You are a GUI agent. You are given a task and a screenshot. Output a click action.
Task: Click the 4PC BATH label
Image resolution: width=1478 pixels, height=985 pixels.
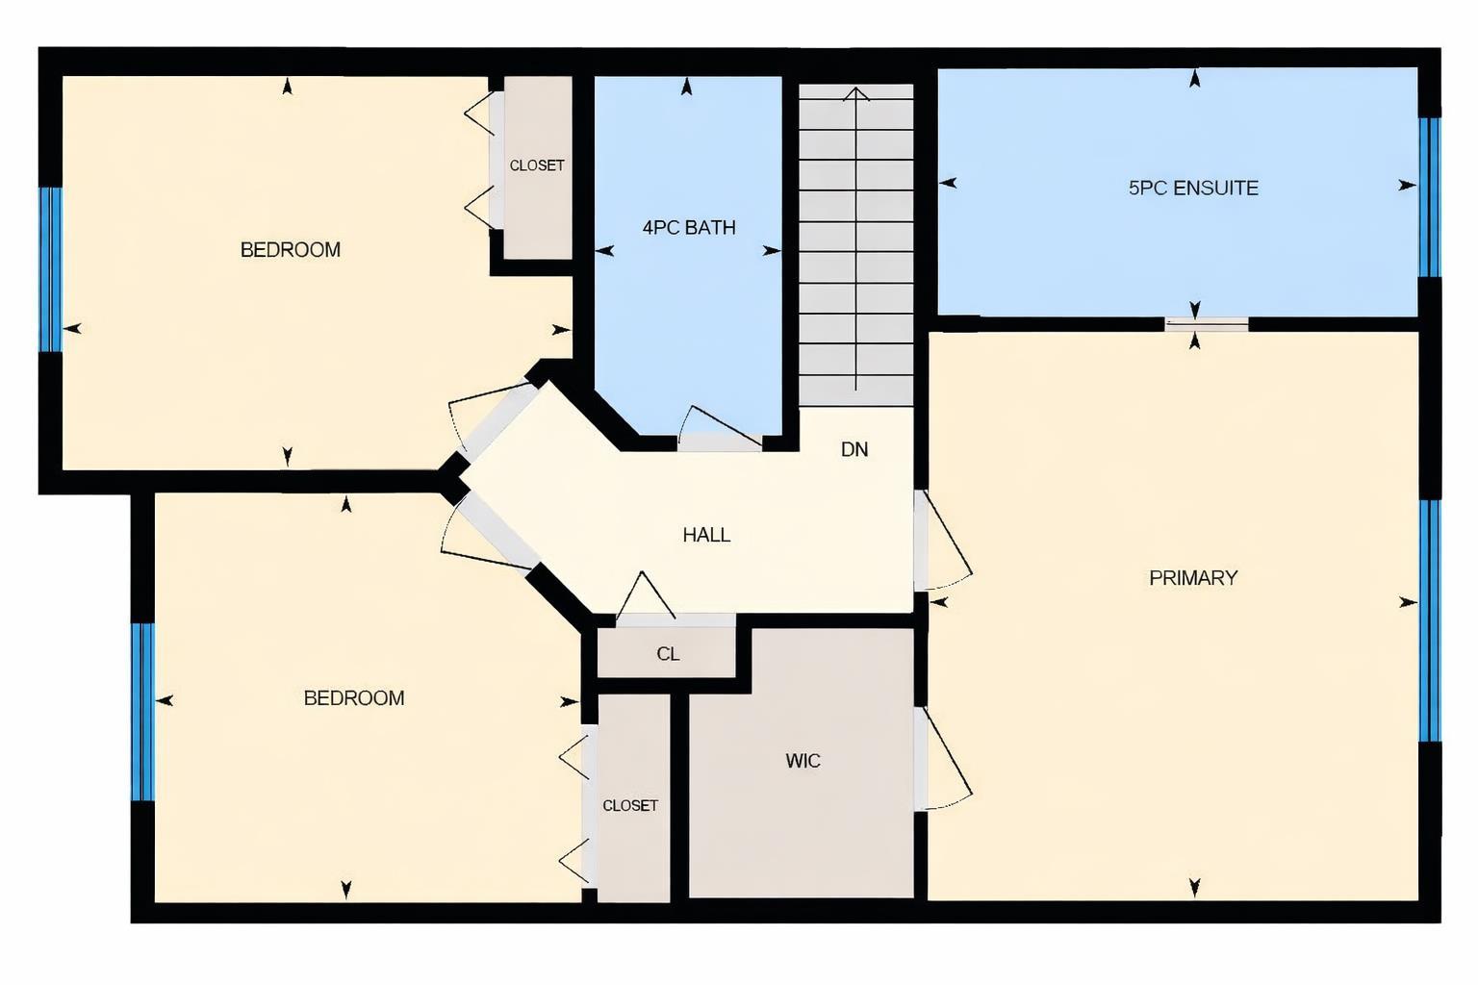pyautogui.click(x=689, y=228)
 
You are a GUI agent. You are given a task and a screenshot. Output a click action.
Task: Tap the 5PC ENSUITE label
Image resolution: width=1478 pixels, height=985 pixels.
pyautogui.click(x=1193, y=189)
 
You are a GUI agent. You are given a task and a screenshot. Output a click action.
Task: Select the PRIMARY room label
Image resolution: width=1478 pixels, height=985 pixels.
pyautogui.click(x=1193, y=578)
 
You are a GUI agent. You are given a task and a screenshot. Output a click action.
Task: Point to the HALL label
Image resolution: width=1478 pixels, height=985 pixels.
pyautogui.click(x=706, y=536)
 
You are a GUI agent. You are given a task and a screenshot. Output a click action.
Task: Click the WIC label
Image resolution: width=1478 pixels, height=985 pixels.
pyautogui.click(x=803, y=762)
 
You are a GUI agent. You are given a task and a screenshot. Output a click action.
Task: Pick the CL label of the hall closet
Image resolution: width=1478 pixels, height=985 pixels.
pyautogui.click(x=668, y=654)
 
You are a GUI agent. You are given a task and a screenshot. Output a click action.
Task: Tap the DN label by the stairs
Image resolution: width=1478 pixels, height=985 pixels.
pyautogui.click(x=854, y=449)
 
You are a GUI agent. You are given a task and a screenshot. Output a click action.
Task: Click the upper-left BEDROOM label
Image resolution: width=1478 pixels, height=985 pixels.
pyautogui.click(x=291, y=250)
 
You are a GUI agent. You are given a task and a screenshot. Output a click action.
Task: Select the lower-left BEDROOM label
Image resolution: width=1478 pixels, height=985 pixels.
pyautogui.click(x=354, y=698)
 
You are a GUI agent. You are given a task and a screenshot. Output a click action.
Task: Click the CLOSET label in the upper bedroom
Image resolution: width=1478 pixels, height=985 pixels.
pyautogui.click(x=537, y=165)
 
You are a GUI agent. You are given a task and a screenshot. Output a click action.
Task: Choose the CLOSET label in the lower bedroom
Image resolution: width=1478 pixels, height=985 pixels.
pyautogui.click(x=630, y=806)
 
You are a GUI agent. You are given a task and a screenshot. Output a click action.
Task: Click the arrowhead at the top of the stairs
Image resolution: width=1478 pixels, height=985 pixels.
pyautogui.click(x=856, y=93)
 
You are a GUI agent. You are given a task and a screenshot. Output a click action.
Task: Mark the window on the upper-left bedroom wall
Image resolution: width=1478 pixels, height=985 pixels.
pyautogui.click(x=50, y=269)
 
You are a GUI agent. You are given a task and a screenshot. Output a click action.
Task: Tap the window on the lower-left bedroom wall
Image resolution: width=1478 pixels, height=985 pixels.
pyautogui.click(x=142, y=712)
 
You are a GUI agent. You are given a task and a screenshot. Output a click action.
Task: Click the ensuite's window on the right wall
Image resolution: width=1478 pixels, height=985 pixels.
pyautogui.click(x=1430, y=197)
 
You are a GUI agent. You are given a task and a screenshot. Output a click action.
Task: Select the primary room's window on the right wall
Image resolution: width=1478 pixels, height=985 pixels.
pyautogui.click(x=1430, y=620)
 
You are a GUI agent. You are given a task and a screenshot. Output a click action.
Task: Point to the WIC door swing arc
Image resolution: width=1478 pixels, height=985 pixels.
pyautogui.click(x=945, y=760)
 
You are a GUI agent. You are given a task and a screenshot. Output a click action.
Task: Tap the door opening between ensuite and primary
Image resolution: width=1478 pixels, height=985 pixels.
pyautogui.click(x=1207, y=325)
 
